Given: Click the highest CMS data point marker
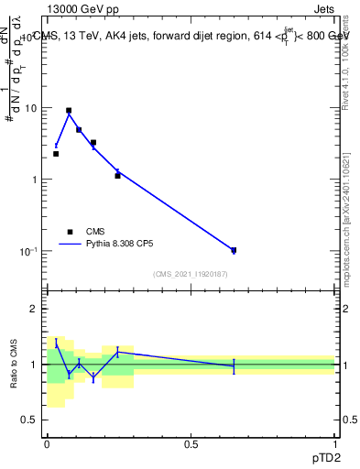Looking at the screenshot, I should (x=69, y=111).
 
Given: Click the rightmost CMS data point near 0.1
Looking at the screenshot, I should (x=234, y=250).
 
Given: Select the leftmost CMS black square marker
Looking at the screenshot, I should (x=56, y=154).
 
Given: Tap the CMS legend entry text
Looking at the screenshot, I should (x=96, y=232).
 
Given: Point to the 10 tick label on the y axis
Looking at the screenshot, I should (x=31, y=108).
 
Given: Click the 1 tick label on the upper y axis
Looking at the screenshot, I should (x=36, y=180).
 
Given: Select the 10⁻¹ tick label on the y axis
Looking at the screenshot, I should (x=29, y=251).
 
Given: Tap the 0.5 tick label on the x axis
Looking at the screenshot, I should (x=191, y=443).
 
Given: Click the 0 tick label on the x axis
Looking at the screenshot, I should (x=47, y=443).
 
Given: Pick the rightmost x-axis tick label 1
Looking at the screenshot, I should (x=334, y=443).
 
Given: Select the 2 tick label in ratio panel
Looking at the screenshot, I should (x=36, y=310).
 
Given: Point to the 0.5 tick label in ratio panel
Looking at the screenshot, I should (x=31, y=420).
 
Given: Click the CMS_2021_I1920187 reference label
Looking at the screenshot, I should (x=191, y=274).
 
